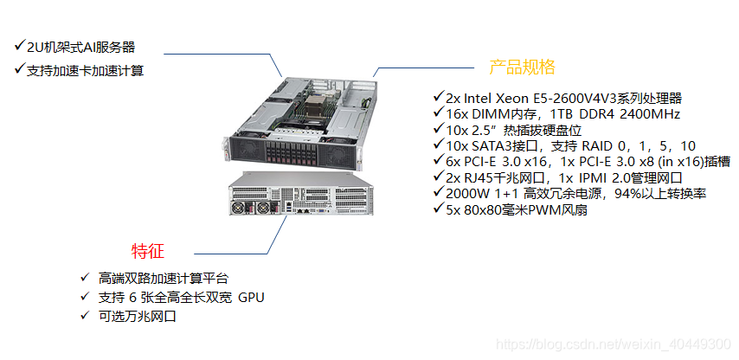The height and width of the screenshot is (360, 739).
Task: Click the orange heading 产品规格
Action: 522,67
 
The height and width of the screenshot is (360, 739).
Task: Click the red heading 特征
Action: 147,251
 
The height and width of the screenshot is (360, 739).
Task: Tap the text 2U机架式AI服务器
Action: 81,47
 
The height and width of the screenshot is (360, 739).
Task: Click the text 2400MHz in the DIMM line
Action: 648,113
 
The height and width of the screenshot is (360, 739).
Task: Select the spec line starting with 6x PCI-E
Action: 588,161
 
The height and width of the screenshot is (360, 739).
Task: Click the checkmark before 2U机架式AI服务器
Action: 19,45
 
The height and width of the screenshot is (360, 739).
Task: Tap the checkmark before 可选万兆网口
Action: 84,316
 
